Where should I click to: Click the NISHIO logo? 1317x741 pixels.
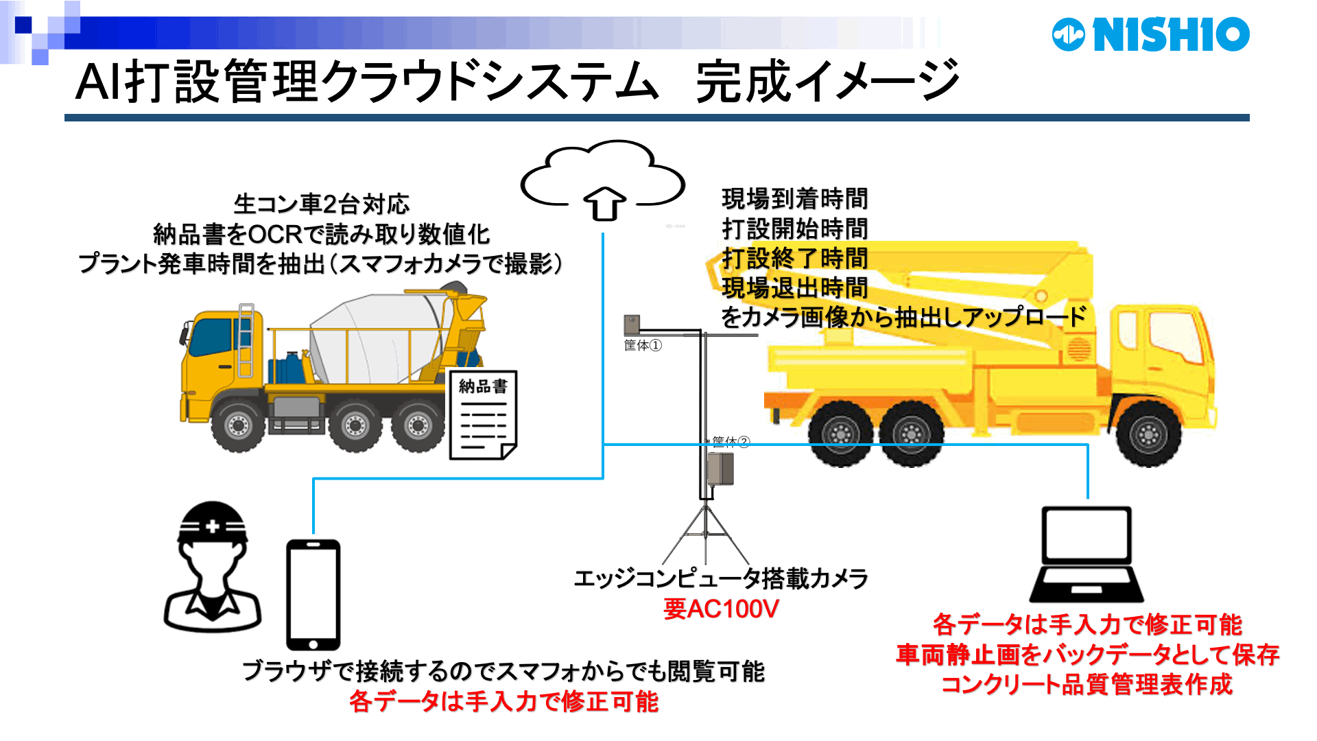[x=1150, y=34]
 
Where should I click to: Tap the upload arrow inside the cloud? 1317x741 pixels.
[x=604, y=204]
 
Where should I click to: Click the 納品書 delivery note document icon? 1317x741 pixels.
[x=482, y=415]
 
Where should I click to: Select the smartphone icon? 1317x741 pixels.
[x=313, y=594]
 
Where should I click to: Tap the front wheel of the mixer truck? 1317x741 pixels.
[x=238, y=425]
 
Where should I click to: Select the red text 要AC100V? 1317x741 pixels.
[x=721, y=609]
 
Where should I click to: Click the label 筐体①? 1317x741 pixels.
[x=643, y=345]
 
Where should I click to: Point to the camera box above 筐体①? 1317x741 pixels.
[x=632, y=324]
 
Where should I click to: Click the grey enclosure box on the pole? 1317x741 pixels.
[x=720, y=469]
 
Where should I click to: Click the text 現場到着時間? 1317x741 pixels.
[x=794, y=199]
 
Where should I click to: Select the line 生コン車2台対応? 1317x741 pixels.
[x=321, y=204]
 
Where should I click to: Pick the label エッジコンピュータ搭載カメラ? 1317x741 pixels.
[x=720, y=578]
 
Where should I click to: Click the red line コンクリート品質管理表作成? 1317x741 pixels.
[x=1087, y=685]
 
